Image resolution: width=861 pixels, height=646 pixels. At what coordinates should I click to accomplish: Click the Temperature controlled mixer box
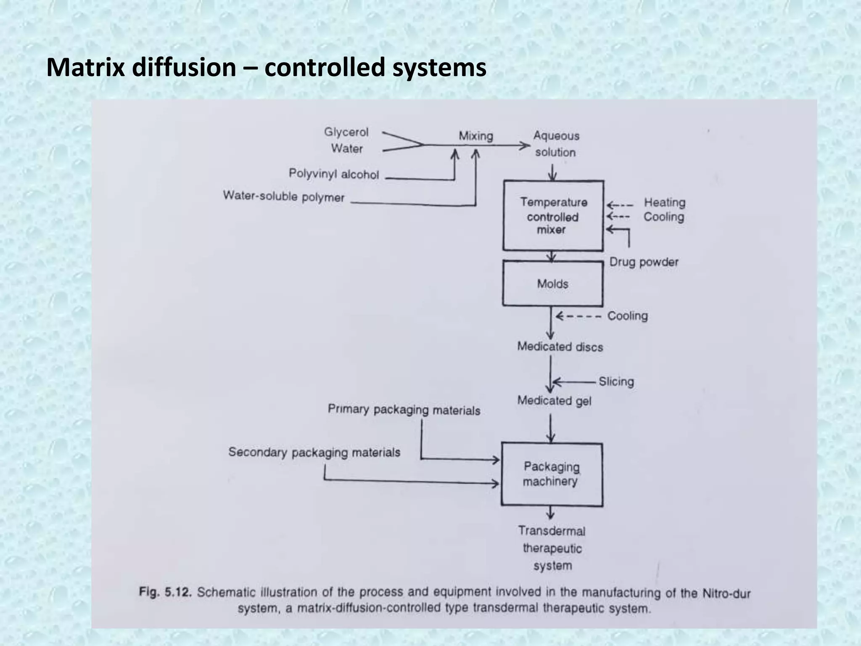click(553, 216)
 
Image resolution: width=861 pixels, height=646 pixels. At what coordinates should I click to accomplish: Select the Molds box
click(552, 284)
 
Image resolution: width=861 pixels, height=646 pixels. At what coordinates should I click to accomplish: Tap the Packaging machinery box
click(551, 474)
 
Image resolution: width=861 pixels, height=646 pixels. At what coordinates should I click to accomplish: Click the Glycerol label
click(346, 132)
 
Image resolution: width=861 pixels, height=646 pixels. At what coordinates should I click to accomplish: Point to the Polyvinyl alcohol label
click(334, 174)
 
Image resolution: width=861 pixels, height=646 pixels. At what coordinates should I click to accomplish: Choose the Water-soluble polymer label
click(284, 196)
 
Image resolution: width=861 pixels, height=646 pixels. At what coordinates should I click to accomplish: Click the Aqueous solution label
click(556, 144)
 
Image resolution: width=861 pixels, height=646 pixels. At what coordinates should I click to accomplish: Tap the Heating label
click(665, 202)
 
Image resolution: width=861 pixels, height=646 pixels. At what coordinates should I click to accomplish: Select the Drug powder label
click(644, 262)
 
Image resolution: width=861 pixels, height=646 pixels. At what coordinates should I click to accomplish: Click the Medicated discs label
click(560, 347)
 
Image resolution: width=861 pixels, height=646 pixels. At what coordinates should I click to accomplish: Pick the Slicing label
click(616, 381)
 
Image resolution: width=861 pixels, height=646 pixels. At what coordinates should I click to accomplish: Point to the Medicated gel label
click(554, 400)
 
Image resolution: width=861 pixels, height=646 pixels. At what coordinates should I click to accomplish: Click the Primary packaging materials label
click(404, 410)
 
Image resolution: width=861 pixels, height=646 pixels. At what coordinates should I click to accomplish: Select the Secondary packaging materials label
click(314, 452)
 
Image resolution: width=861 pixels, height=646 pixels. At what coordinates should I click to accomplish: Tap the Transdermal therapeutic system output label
click(552, 548)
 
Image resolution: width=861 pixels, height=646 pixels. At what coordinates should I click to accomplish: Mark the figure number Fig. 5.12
click(165, 592)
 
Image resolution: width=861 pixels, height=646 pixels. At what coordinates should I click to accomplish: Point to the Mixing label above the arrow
click(475, 136)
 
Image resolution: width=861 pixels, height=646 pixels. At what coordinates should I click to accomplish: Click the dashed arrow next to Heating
click(620, 206)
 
